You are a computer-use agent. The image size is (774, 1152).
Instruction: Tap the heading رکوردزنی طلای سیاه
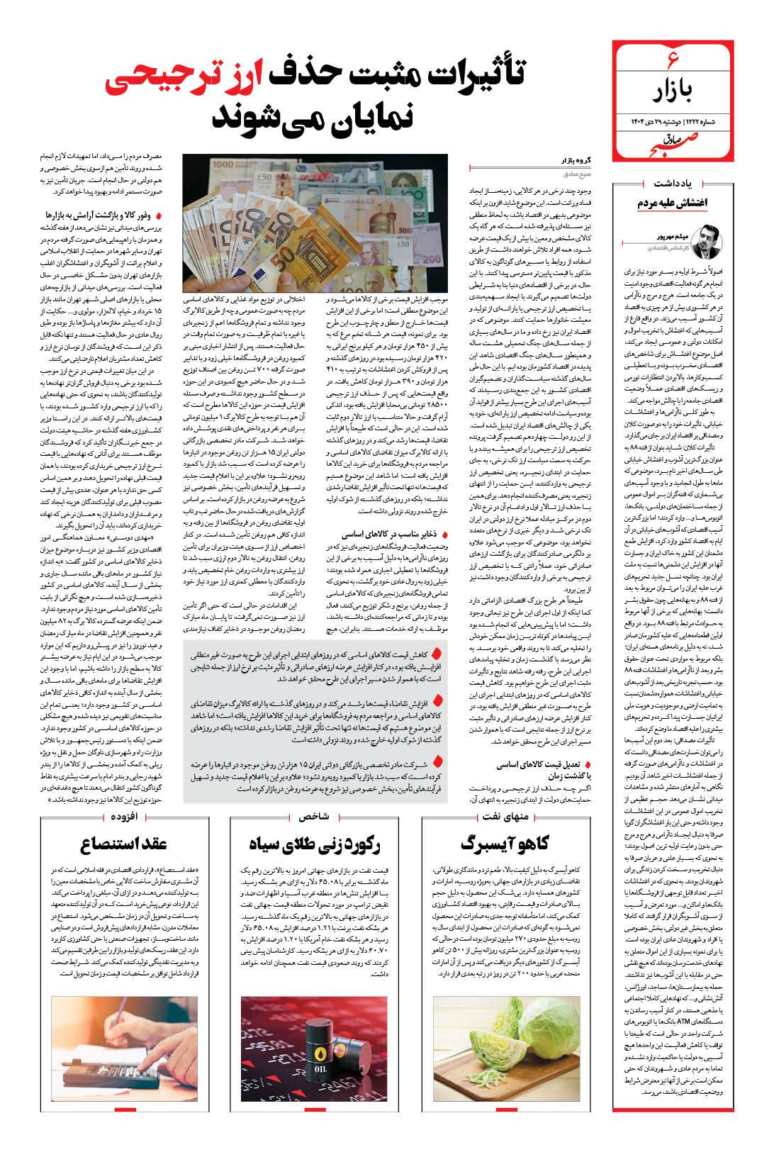tap(315, 844)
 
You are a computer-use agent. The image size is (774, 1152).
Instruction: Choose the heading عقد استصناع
tap(124, 844)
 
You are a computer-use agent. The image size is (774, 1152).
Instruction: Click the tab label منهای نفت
tap(515, 816)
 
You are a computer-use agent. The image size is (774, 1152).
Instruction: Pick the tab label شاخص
tap(316, 816)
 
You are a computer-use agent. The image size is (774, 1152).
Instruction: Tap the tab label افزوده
tap(125, 816)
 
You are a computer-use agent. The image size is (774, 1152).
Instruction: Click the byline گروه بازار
tap(576, 162)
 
